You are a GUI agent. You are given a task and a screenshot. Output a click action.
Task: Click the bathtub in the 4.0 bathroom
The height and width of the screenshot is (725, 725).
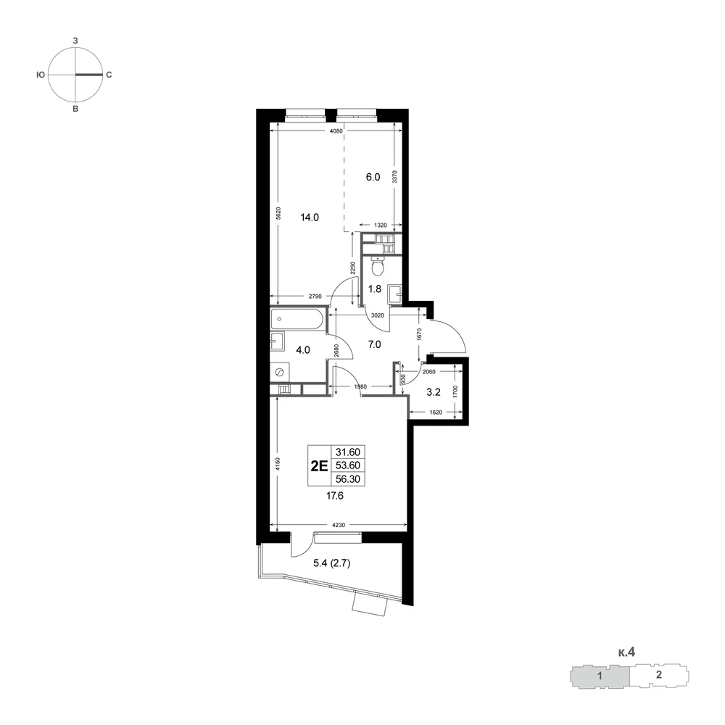tap(298, 319)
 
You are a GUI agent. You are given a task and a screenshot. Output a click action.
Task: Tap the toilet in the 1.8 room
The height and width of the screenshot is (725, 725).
tap(378, 265)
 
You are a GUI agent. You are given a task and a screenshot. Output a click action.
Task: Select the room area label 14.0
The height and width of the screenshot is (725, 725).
tap(310, 217)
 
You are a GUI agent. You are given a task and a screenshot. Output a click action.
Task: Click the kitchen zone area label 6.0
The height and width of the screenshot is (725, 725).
tap(373, 177)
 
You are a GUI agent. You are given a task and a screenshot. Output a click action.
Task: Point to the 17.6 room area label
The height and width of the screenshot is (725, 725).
tap(335, 496)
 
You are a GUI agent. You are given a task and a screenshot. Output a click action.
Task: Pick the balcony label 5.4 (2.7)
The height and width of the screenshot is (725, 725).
tap(332, 563)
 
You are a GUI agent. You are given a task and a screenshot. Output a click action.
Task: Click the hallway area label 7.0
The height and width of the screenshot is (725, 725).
tap(375, 344)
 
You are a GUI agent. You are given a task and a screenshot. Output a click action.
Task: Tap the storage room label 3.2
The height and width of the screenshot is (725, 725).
tap(434, 392)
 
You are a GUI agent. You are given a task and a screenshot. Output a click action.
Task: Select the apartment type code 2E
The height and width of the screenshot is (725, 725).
tap(319, 465)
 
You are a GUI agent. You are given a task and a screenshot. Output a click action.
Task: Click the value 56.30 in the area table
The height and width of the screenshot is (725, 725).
tap(348, 479)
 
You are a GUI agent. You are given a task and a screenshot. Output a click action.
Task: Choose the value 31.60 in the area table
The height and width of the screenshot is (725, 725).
tap(348, 452)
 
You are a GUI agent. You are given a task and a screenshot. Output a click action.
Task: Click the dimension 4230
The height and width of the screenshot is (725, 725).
tap(339, 525)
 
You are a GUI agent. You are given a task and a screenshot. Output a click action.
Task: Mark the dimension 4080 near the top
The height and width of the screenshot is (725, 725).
tap(336, 130)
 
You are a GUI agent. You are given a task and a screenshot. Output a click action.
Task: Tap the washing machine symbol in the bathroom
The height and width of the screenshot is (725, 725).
tap(280, 373)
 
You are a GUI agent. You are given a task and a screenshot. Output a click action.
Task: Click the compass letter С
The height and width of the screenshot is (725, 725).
tap(109, 75)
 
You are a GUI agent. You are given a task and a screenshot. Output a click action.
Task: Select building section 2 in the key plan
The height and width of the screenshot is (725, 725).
tap(658, 674)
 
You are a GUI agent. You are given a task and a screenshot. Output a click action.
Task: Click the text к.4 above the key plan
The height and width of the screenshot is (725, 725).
tap(626, 652)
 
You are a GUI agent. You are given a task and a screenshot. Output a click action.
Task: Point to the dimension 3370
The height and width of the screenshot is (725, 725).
tap(395, 177)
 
